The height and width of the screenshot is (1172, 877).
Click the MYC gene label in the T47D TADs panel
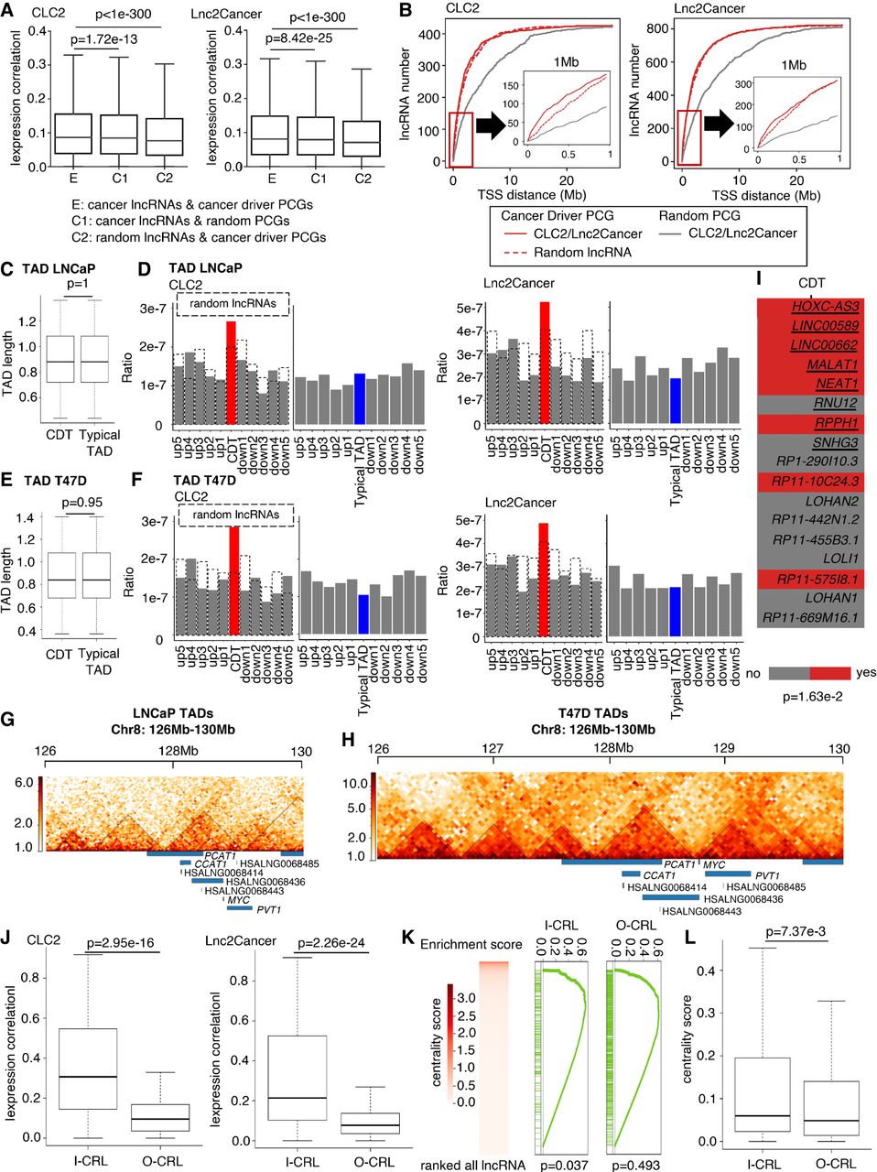tap(714, 864)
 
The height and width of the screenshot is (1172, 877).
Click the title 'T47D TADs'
tap(593, 714)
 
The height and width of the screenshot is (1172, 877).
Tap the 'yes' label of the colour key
tap(865, 672)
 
